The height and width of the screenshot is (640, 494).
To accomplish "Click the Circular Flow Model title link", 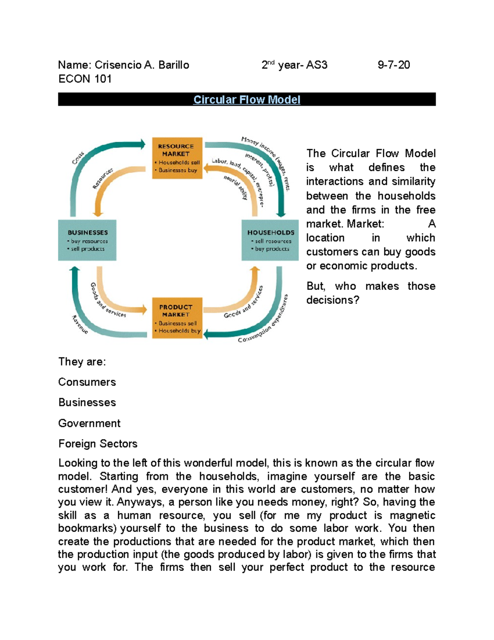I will point(247,100).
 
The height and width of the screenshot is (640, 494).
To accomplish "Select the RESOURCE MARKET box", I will point(177,158).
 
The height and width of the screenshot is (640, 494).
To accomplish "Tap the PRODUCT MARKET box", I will point(177,318).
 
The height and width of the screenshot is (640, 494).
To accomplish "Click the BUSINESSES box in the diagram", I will point(87,240).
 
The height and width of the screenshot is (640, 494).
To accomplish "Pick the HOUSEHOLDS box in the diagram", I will point(270,240).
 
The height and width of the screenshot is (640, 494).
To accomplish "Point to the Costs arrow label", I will point(78,158).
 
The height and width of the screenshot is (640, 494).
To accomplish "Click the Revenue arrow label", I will point(80,324).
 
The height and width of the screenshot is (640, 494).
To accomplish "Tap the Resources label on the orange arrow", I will point(103,178).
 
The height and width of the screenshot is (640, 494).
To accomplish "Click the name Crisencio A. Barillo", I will point(142,65).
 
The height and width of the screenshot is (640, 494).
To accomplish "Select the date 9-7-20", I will point(394,65).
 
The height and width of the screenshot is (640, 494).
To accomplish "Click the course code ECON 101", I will point(85,79).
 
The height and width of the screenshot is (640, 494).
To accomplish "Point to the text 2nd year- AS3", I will point(294,65).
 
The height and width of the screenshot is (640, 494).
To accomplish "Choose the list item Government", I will point(89,423).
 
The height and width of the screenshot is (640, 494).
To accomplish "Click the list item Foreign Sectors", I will point(98,444).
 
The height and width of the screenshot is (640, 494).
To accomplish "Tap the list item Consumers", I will point(87,382).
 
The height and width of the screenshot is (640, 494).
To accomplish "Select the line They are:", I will point(82,362).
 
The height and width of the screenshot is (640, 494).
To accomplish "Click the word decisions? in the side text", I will point(333,300).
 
